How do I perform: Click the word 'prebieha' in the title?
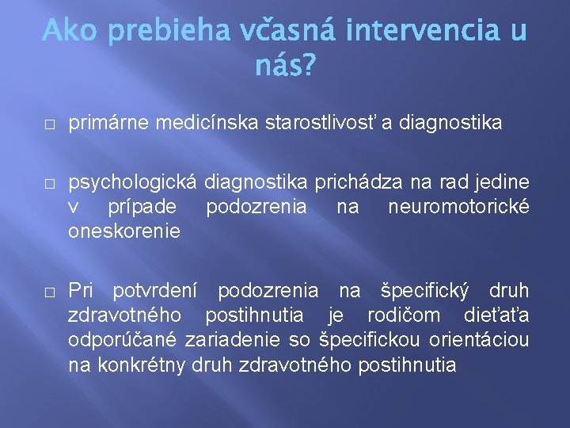click(x=162, y=32)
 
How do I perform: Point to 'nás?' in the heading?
click(x=284, y=67)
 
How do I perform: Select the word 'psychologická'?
click(x=133, y=184)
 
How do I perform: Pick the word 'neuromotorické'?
click(x=458, y=207)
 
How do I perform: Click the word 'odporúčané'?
click(x=123, y=340)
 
